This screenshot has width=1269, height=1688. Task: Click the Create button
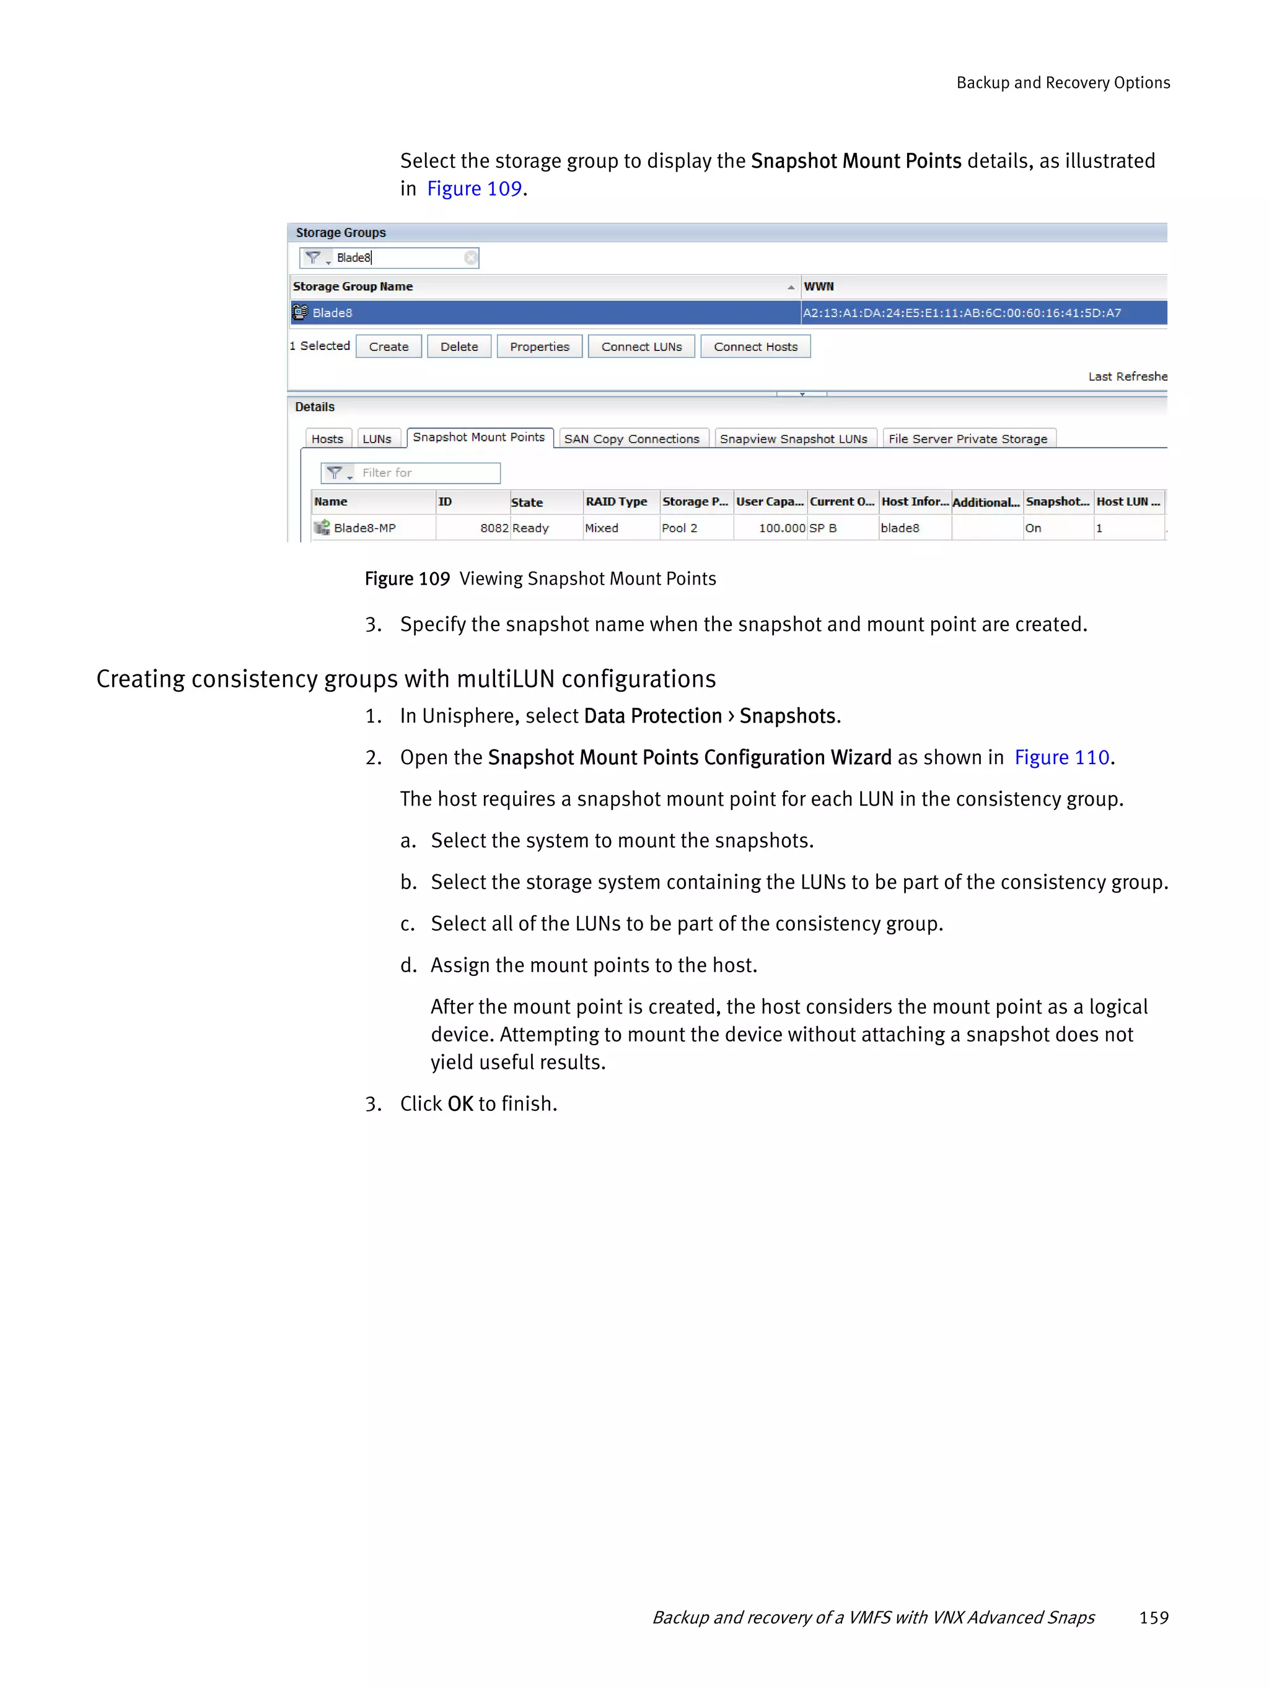[x=388, y=346]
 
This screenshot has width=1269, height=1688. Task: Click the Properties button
[x=539, y=346]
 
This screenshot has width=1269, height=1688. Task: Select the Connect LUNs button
[x=641, y=346]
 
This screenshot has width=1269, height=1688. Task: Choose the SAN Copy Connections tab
[x=631, y=439]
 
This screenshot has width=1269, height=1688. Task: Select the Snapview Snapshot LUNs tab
[x=793, y=439]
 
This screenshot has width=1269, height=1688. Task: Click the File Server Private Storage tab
[x=967, y=439]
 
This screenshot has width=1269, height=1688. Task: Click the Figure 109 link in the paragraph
[x=473, y=188]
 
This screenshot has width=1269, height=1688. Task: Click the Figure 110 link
[x=1061, y=757]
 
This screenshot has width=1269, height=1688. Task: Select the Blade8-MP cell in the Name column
[x=364, y=528]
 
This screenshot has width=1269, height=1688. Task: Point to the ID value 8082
[x=493, y=528]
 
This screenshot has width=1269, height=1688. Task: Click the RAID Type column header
[x=615, y=502]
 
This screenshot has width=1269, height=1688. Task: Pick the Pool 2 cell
[x=678, y=528]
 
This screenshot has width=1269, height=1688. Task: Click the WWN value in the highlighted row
[x=960, y=313]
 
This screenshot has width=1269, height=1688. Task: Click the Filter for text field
[x=428, y=473]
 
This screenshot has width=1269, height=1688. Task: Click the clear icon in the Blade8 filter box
[x=470, y=258]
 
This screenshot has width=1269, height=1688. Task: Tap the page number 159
[x=1153, y=1617]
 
